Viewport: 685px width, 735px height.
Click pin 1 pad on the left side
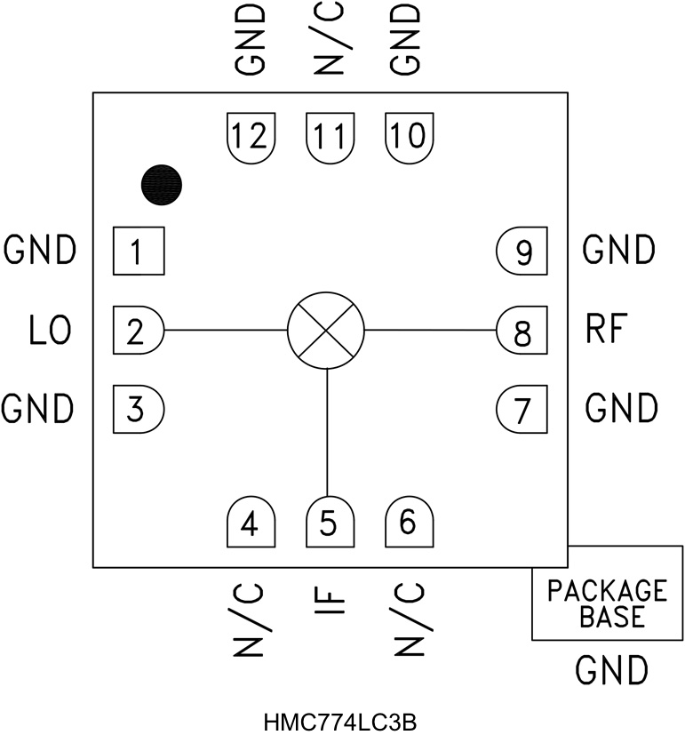tap(138, 252)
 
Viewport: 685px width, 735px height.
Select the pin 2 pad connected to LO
tap(138, 331)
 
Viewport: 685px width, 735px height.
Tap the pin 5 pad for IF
tap(329, 523)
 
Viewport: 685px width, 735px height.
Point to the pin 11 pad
tap(329, 137)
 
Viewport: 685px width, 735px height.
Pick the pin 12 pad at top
tap(250, 137)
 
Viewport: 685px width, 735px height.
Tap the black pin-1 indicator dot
tap(162, 184)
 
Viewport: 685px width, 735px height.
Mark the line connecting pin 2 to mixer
tap(226, 331)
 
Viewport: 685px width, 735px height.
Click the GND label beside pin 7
tap(621, 409)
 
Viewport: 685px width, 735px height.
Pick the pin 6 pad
tap(408, 523)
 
